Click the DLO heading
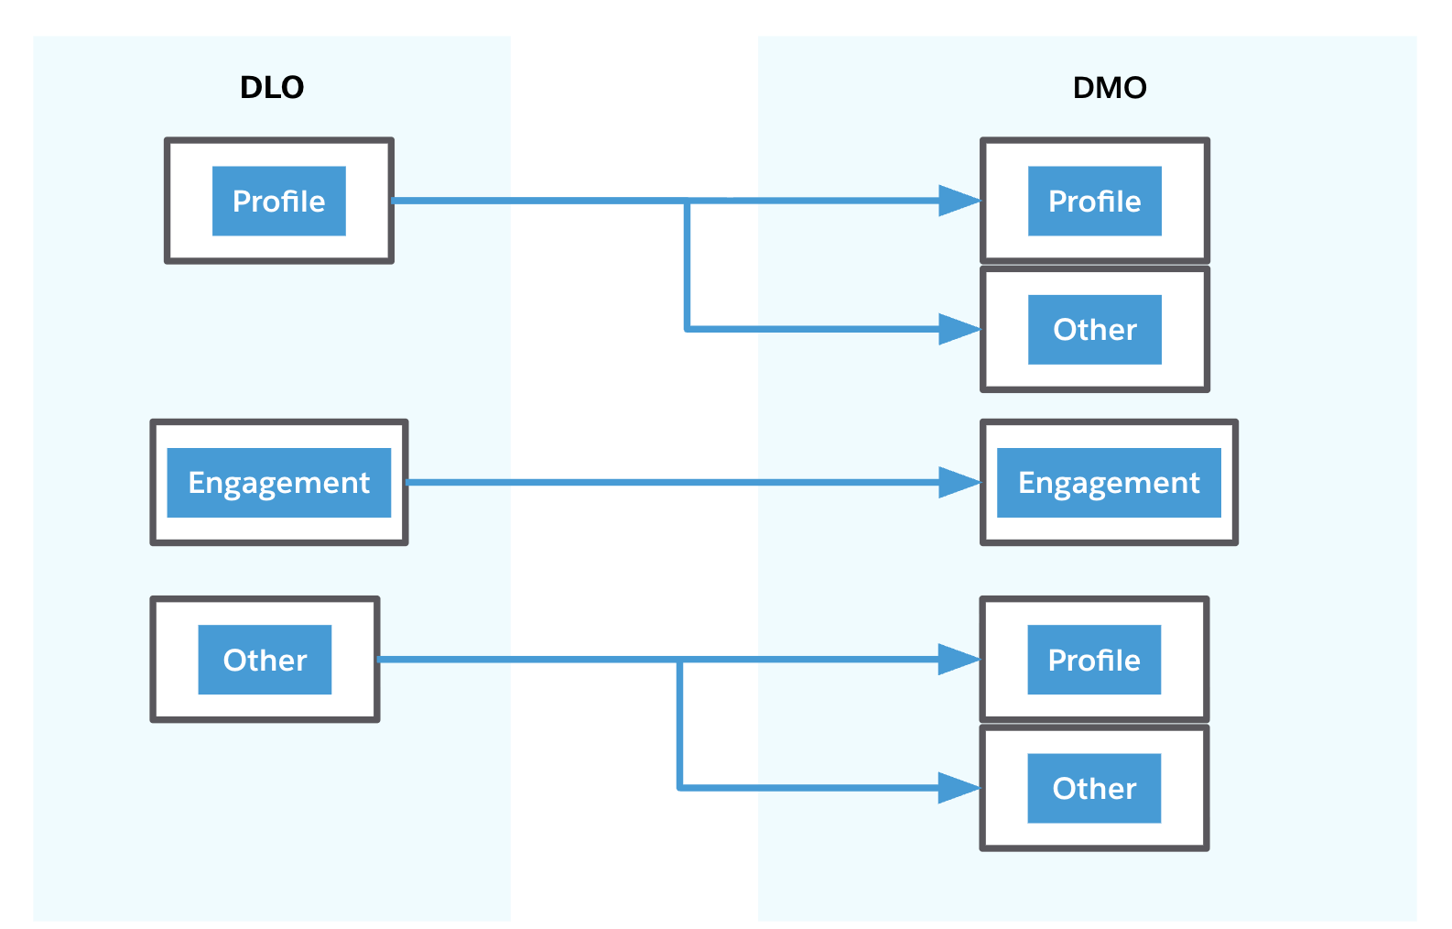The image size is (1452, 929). click(x=271, y=87)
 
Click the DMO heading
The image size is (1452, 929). click(x=1109, y=87)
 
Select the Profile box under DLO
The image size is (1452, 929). click(x=279, y=201)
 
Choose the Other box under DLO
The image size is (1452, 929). click(x=265, y=660)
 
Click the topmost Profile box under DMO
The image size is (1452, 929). click(x=1094, y=201)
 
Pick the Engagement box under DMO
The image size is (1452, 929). click(x=1109, y=483)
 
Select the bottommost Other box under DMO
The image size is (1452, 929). click(x=1094, y=788)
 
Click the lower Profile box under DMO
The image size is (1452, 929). click(x=1094, y=660)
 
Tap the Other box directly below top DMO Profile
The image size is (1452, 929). click(x=1094, y=330)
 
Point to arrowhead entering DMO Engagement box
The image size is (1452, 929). click(x=959, y=483)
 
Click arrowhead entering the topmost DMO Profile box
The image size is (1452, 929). click(x=959, y=201)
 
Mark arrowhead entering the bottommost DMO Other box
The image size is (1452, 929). click(x=959, y=788)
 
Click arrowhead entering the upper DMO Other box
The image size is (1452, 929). click(x=959, y=329)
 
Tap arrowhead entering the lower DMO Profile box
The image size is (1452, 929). click(x=959, y=660)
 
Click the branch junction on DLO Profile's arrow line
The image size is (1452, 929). click(x=687, y=201)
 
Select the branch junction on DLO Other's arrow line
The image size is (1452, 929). click(x=679, y=660)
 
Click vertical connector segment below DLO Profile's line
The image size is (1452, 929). click(x=687, y=266)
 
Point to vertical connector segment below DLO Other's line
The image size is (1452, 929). click(x=679, y=724)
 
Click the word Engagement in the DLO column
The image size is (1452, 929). click(x=279, y=483)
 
